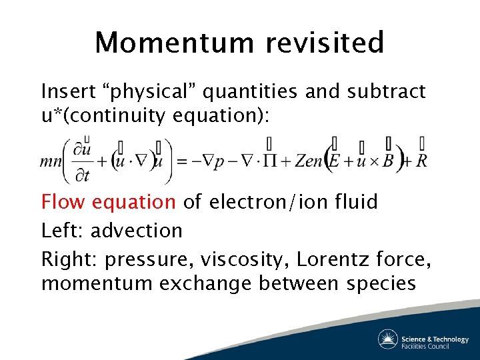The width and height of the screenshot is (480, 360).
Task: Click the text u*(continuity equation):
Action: tap(155, 115)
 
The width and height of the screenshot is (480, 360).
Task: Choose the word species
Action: tap(381, 283)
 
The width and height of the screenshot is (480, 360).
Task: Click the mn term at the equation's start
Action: tap(51, 162)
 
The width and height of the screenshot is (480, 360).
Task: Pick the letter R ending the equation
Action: tap(421, 162)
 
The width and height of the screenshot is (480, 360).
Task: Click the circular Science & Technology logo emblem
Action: tap(388, 339)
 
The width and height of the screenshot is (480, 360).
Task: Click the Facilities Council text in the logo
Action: tap(425, 345)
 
